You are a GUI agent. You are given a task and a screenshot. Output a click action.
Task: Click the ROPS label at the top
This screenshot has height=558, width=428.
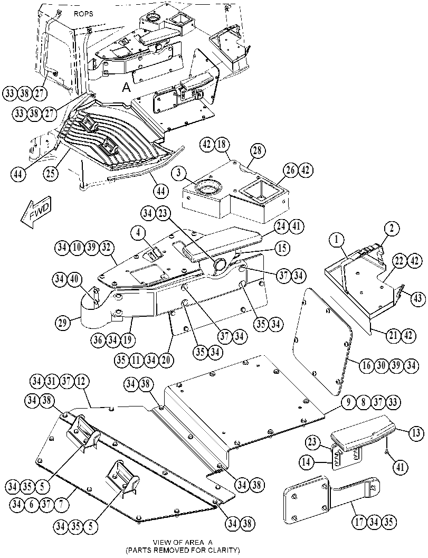click(83, 14)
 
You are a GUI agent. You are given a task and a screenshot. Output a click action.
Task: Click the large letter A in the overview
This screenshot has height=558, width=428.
click(126, 87)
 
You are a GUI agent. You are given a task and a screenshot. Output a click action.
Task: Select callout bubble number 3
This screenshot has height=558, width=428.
click(178, 174)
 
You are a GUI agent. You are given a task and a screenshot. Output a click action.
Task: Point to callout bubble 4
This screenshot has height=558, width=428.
click(138, 234)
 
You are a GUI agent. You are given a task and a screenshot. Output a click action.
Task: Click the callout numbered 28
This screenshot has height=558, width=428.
click(258, 151)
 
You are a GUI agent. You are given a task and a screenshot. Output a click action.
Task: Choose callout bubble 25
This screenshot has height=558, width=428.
click(51, 173)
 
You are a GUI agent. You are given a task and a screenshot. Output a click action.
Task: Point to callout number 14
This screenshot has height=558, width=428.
click(306, 462)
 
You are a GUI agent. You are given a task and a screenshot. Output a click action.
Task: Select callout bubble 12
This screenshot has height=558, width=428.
click(81, 382)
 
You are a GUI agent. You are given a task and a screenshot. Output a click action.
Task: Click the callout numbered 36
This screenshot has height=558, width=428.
click(99, 340)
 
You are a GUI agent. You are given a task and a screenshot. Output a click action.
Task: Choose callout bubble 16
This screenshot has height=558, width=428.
click(367, 365)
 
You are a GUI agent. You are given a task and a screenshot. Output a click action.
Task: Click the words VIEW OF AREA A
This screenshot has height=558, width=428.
click(183, 542)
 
